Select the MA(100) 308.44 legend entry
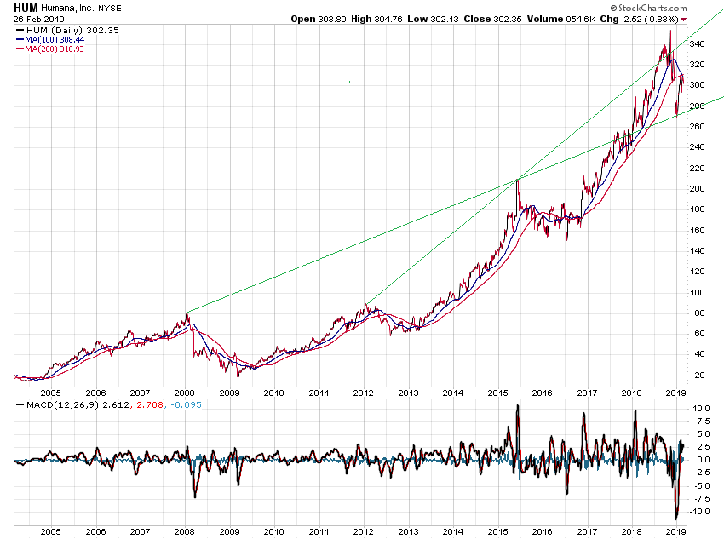(56, 40)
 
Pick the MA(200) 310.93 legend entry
(56, 49)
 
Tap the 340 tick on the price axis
(697, 65)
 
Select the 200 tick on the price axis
(697, 189)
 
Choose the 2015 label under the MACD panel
(497, 530)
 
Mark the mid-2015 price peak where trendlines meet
(517, 179)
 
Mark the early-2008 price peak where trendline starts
(187, 313)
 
